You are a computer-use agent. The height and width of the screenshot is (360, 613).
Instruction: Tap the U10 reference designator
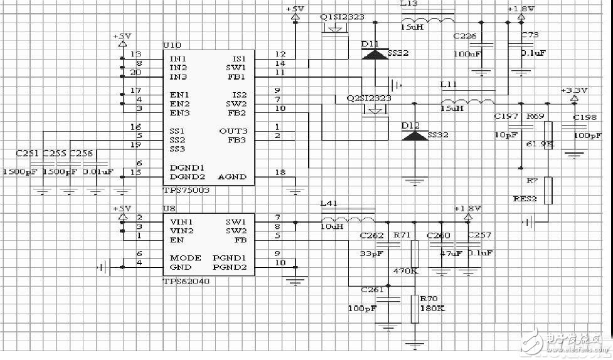[x=171, y=46]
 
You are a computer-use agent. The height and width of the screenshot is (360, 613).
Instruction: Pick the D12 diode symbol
[x=413, y=135]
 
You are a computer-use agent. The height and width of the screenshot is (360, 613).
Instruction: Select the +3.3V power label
[x=573, y=90]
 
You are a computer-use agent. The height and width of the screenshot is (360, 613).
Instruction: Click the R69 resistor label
[x=535, y=117]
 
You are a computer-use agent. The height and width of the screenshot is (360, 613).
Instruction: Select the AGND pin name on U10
[x=231, y=177]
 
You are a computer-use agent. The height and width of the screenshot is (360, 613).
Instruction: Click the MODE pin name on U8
[x=186, y=258]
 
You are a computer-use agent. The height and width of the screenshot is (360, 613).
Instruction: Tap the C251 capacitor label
[x=27, y=152]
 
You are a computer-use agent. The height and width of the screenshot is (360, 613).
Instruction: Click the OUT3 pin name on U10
[x=233, y=130]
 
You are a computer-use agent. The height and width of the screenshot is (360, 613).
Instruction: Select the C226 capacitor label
[x=464, y=36]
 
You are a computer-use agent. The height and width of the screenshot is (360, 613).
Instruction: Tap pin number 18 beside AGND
[x=280, y=172]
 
